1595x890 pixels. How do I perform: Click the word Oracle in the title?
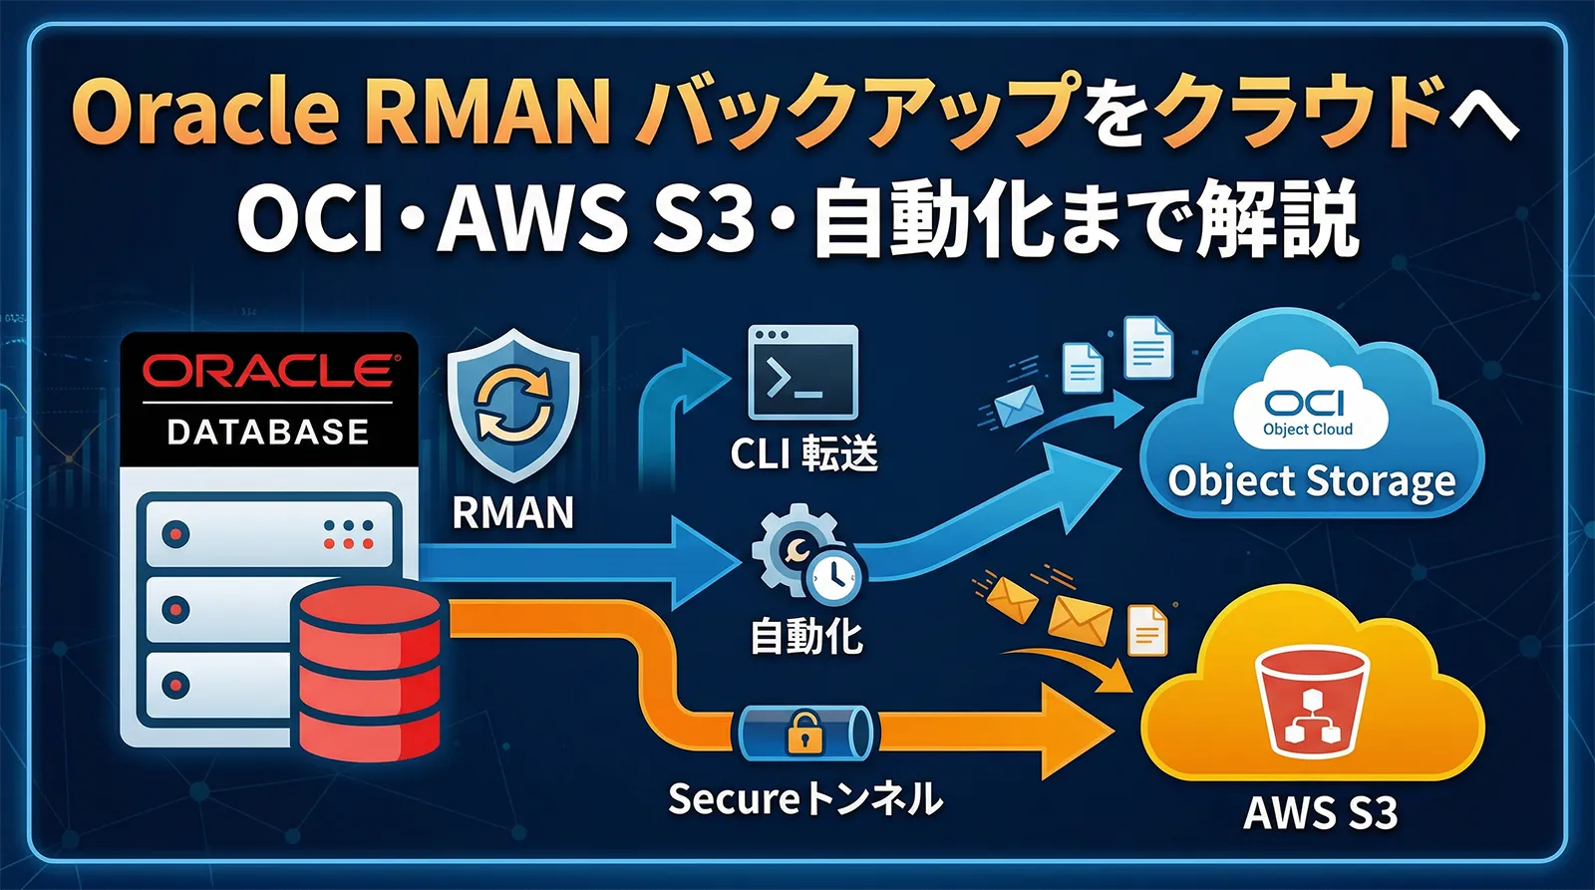204,112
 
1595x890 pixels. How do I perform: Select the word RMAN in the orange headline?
486,112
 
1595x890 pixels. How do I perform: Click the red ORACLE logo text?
269,372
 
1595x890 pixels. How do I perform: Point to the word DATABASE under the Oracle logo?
268,433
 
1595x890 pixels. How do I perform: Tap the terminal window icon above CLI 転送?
802,373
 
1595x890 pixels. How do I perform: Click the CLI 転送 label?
803,454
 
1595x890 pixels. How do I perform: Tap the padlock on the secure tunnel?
803,733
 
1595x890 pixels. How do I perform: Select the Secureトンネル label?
804,798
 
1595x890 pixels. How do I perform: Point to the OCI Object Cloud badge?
1308,410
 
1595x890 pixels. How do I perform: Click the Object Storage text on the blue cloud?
1311,481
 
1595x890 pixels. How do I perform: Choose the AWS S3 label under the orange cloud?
1320,812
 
